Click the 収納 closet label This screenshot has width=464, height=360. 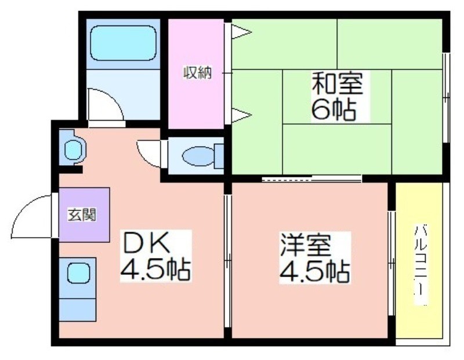click(197, 73)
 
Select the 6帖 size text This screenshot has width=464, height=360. click(333, 109)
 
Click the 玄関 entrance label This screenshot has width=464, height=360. click(82, 214)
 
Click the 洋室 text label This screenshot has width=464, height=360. click(306, 245)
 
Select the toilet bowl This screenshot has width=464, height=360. click(198, 156)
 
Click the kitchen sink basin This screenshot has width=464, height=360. click(78, 274)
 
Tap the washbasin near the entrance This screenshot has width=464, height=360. click(73, 147)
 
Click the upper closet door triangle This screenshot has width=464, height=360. click(241, 32)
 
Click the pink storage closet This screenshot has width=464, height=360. click(196, 74)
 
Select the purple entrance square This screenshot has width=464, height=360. click(84, 214)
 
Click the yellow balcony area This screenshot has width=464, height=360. click(419, 260)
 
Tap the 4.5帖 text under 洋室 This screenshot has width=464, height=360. click(314, 271)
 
